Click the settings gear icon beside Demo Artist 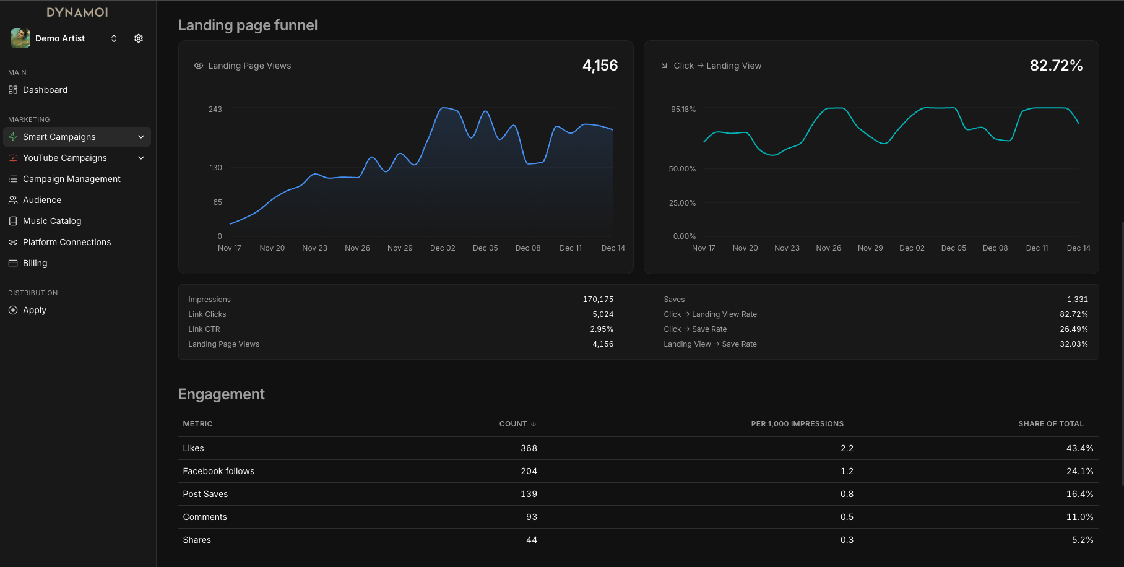tap(139, 38)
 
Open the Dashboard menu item tap(45, 90)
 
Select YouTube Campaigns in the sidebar tap(64, 158)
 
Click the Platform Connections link tap(67, 242)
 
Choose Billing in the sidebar tap(35, 263)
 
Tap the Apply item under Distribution tap(35, 310)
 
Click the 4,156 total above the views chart tap(600, 66)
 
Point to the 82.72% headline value tap(1056, 66)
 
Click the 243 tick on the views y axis tap(215, 110)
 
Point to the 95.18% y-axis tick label tap(683, 110)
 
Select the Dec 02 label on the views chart tap(443, 248)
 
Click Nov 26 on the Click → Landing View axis tap(828, 248)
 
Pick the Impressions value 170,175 tap(598, 300)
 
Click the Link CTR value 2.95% tap(602, 329)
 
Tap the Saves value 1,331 tap(1077, 300)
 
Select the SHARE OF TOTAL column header tap(1050, 424)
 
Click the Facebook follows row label tap(218, 471)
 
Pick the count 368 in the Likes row tap(529, 448)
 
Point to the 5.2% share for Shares tap(1082, 540)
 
